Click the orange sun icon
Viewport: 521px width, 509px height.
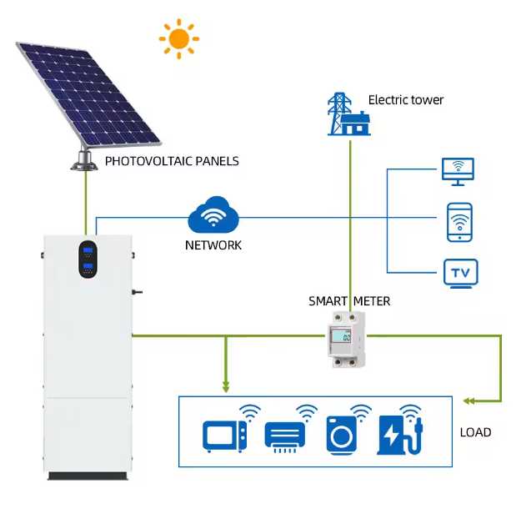tap(179, 39)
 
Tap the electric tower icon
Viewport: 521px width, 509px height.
tap(349, 114)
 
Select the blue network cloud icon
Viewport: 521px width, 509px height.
tap(213, 214)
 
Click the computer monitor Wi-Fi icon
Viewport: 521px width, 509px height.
tap(458, 172)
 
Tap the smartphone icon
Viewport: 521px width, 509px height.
tap(459, 222)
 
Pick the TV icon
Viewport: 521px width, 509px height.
tap(460, 274)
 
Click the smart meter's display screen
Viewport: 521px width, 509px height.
tap(341, 336)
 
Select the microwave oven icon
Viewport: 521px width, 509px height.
tap(225, 436)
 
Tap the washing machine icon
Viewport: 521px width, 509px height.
tap(341, 436)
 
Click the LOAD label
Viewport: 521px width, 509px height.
tap(475, 432)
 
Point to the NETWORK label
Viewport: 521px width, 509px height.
tap(213, 245)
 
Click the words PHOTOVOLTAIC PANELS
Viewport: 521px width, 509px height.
tap(172, 161)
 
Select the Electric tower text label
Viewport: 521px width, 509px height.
tap(406, 100)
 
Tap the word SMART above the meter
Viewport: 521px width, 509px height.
tap(328, 301)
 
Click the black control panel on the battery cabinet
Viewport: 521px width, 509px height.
tap(88, 260)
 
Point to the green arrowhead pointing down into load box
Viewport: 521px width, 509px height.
tap(226, 387)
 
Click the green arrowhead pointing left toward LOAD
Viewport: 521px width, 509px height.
tap(468, 401)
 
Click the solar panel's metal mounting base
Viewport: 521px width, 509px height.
tap(84, 160)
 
